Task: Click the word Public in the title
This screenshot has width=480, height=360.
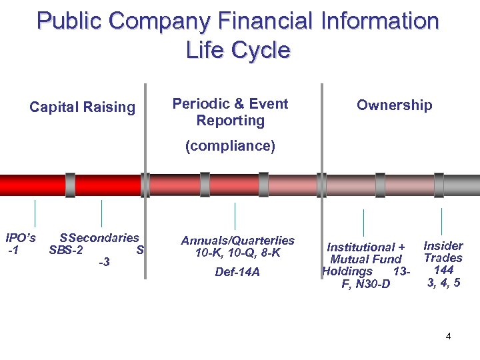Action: [x=69, y=21]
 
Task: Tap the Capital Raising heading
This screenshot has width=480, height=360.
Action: [x=82, y=107]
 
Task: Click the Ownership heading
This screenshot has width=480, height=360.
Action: [x=394, y=105]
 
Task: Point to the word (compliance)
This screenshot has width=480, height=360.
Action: [x=230, y=146]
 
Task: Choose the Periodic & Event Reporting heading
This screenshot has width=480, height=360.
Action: [x=230, y=112]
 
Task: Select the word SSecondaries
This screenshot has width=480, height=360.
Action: [x=99, y=238]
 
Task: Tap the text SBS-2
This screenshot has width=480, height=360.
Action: [x=66, y=251]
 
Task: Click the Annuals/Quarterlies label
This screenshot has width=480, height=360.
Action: [x=237, y=240]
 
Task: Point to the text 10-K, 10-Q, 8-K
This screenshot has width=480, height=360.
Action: [x=237, y=253]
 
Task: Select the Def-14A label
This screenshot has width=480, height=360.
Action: [x=237, y=272]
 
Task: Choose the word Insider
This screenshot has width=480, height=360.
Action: [x=443, y=245]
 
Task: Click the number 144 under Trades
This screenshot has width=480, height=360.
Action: [x=443, y=270]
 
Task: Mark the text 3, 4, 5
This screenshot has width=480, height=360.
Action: [x=443, y=282]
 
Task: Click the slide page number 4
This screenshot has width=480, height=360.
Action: [x=448, y=336]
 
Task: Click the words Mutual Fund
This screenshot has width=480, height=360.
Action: [x=365, y=259]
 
